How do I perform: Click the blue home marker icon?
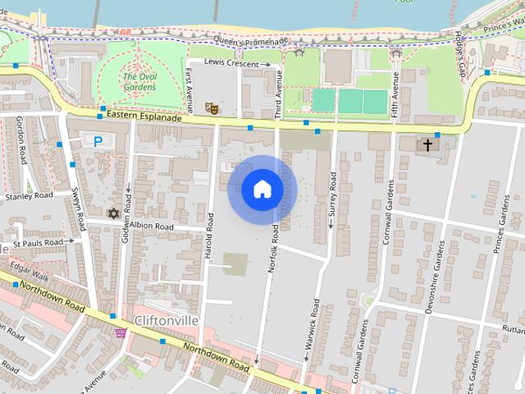pyautogui.click(x=262, y=190)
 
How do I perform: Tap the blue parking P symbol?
pyautogui.click(x=98, y=141)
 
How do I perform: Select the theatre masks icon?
pyautogui.click(x=211, y=107)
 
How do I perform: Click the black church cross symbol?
pyautogui.click(x=426, y=145)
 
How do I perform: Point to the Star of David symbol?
pyautogui.click(x=114, y=213)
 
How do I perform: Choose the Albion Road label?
pyautogui.click(x=152, y=226)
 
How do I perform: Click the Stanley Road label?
pyautogui.click(x=29, y=197)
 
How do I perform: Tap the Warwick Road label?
pyautogui.click(x=313, y=325)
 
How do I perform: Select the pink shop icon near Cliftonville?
pyautogui.click(x=121, y=332)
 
